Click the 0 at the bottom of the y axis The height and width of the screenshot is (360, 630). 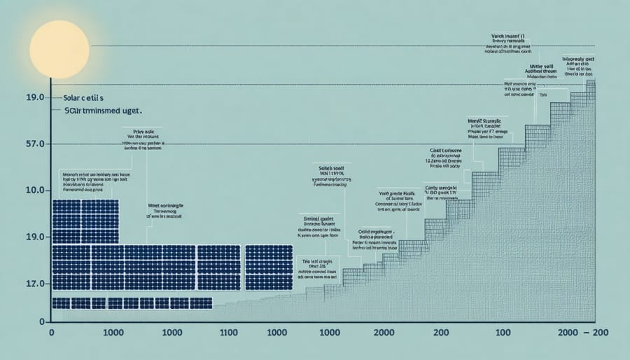point(41,321)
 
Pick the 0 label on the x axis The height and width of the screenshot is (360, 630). point(52,334)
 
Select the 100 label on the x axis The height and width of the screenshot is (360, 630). point(503,334)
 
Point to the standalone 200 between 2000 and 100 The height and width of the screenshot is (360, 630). point(441,334)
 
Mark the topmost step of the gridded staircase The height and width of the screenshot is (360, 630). point(591,85)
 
